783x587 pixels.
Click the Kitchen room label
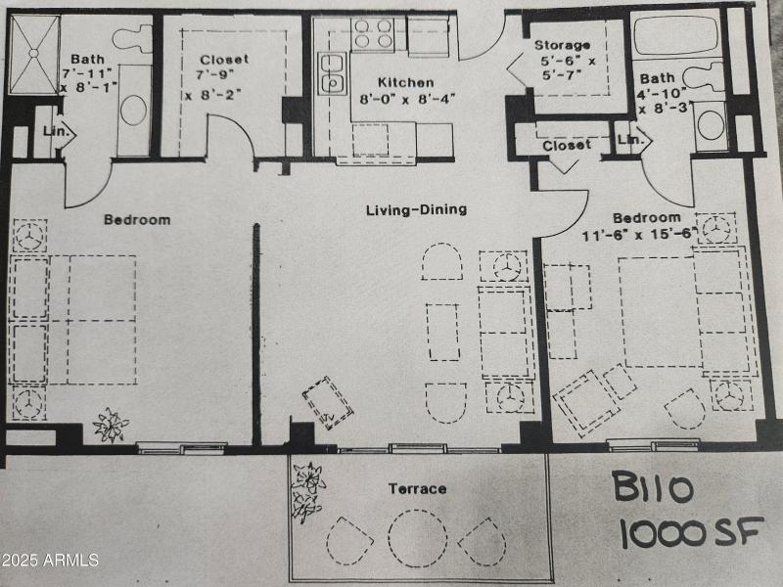click(x=405, y=82)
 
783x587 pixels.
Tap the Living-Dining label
click(x=417, y=209)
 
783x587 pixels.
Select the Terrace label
click(x=418, y=488)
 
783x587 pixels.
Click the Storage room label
click(x=562, y=45)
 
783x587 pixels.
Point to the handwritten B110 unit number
click(x=653, y=487)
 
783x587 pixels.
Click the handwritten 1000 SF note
click(x=692, y=532)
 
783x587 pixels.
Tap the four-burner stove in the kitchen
click(x=373, y=34)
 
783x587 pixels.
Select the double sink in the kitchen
click(x=332, y=73)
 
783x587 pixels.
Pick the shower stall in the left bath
click(x=34, y=54)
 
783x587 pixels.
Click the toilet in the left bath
click(x=132, y=38)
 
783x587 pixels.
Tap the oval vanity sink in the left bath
click(x=134, y=110)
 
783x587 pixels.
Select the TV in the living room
click(x=328, y=403)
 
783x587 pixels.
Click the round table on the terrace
click(x=418, y=538)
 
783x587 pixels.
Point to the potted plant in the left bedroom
click(x=111, y=425)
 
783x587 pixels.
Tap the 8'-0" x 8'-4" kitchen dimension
click(x=407, y=99)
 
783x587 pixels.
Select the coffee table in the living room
click(x=443, y=332)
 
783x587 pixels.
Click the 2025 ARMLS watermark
click(x=50, y=560)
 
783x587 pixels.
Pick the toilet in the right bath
click(x=703, y=77)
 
